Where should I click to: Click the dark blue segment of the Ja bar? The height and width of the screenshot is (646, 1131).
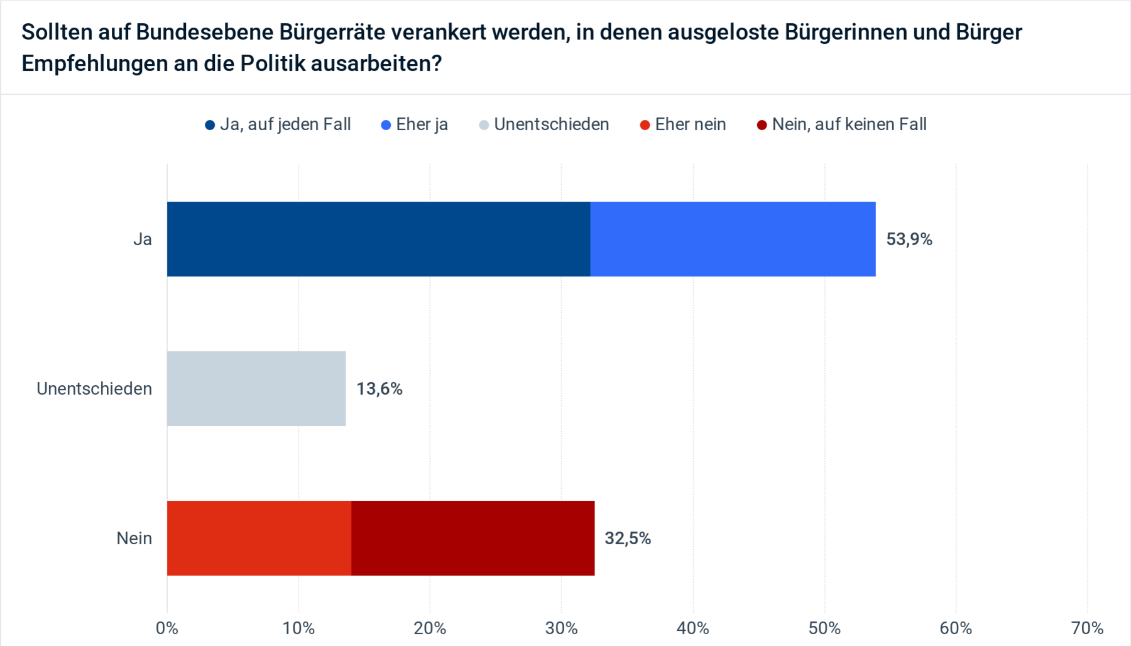[x=378, y=239]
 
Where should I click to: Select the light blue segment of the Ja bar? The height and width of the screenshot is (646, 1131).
[x=733, y=239]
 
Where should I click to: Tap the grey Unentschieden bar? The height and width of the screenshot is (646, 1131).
[x=256, y=388]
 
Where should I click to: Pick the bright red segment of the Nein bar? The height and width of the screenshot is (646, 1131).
[x=259, y=538]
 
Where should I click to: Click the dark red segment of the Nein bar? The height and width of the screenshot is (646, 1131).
[x=473, y=538]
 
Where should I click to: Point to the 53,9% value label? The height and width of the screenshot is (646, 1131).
[x=909, y=239]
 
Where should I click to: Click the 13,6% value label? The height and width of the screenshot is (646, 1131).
[x=379, y=389]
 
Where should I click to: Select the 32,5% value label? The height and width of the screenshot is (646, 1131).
[x=627, y=539]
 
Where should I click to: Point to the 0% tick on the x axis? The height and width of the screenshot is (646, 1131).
[x=167, y=628]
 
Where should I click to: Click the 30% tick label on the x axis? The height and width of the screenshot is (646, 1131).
[x=561, y=628]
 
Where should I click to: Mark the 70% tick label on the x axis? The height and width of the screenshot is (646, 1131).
[x=1087, y=628]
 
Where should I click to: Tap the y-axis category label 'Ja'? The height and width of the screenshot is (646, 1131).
[x=143, y=239]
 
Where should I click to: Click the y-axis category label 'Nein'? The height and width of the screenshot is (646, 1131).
[x=134, y=539]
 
